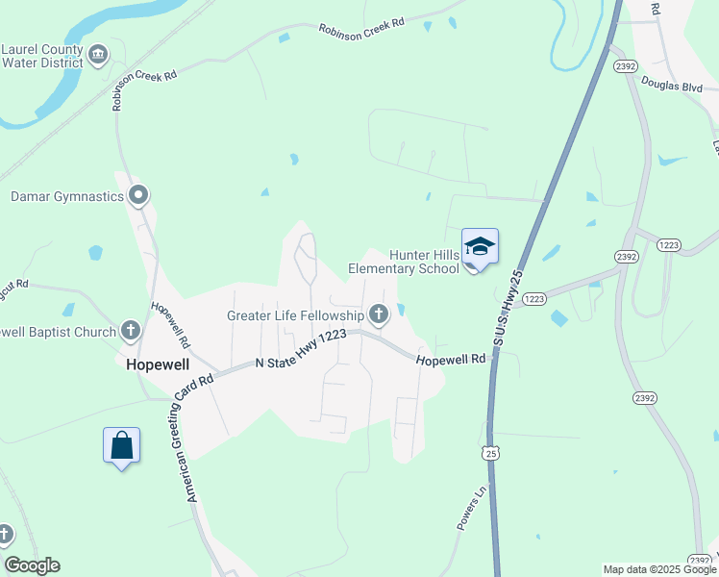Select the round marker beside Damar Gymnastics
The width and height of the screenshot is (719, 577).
pyautogui.click(x=138, y=196)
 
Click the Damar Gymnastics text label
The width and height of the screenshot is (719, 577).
pyautogui.click(x=67, y=197)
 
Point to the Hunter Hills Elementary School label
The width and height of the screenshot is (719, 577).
pyautogui.click(x=424, y=262)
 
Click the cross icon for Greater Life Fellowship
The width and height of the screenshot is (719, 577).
pyautogui.click(x=379, y=314)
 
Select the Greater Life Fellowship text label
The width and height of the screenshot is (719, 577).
pyautogui.click(x=295, y=314)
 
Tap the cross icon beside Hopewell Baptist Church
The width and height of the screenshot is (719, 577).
pyautogui.click(x=132, y=332)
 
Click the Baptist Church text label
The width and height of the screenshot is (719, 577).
pyautogui.click(x=59, y=332)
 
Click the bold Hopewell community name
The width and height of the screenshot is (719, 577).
pyautogui.click(x=158, y=364)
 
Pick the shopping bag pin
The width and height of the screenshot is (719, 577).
pyautogui.click(x=121, y=446)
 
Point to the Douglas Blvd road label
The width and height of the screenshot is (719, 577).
pyautogui.click(x=673, y=86)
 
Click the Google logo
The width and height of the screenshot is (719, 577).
pyautogui.click(x=32, y=565)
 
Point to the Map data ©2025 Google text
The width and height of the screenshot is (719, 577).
pyautogui.click(x=659, y=569)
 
